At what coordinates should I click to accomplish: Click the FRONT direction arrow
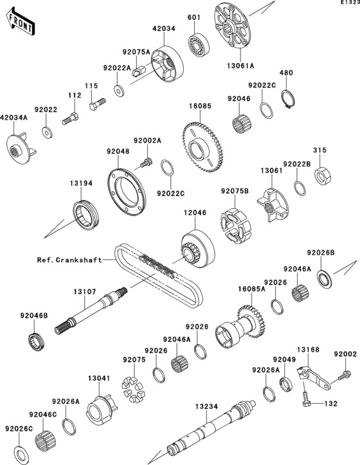tap(20, 24)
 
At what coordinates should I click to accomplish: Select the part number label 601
tap(194, 17)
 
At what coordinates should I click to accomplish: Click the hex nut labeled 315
tap(322, 176)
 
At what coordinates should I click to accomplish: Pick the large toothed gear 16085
tap(202, 147)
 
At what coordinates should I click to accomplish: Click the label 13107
tap(85, 292)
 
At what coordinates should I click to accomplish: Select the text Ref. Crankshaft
tap(69, 260)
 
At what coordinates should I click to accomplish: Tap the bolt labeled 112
tap(70, 118)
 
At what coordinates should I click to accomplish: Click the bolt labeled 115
tap(97, 104)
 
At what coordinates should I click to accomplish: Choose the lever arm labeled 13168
tap(313, 378)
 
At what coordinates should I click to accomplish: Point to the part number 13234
tap(206, 406)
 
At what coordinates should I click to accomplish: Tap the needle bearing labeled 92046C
tap(44, 440)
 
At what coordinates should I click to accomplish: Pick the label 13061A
tap(240, 66)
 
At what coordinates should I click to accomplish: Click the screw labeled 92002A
tap(146, 163)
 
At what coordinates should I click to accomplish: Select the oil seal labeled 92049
tap(286, 384)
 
